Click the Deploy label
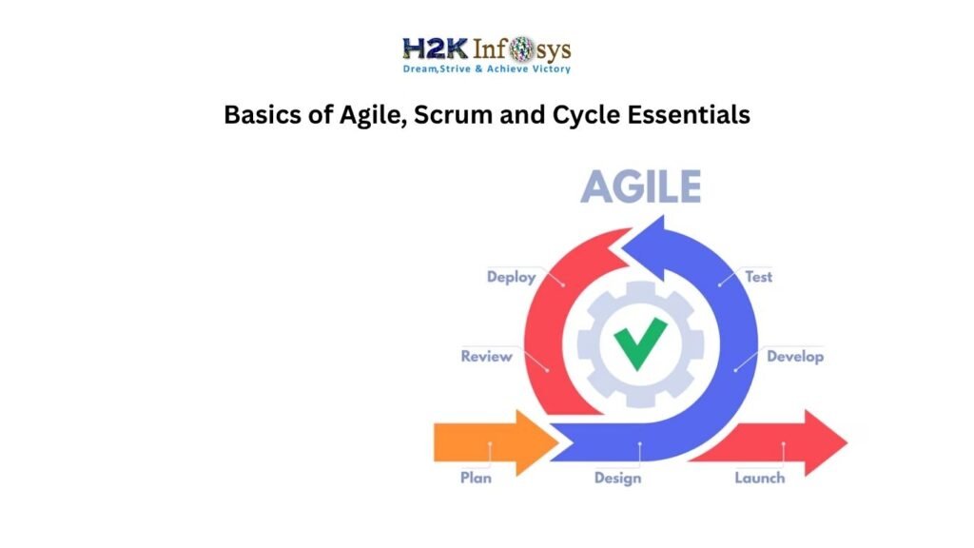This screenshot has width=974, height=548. pos(511,277)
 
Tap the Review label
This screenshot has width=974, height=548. pos(486,357)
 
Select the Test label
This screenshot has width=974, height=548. pos(758,277)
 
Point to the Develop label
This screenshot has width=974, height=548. pos(795,357)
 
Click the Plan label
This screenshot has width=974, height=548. pos(476,478)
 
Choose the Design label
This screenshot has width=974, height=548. pos(617,478)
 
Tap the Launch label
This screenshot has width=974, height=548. pos(759,478)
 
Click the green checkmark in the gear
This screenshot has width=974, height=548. pos(639,343)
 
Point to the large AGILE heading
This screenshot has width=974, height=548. pos(640,187)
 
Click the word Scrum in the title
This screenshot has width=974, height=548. pos(442,115)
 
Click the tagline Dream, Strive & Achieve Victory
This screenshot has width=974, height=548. pos(486,68)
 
